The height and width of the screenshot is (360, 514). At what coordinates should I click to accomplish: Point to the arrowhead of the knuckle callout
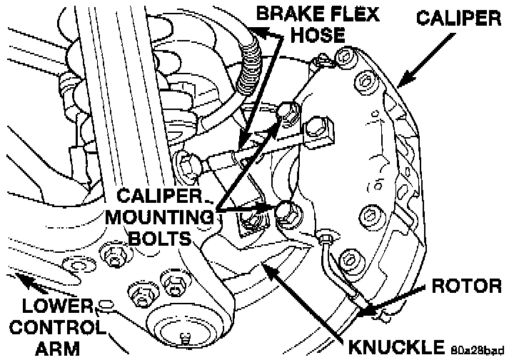pyautogui.click(x=266, y=265)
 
